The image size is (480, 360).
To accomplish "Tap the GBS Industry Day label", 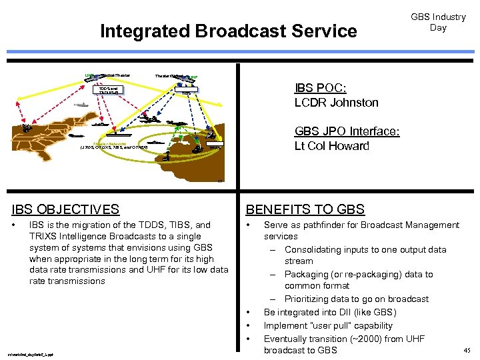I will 438,22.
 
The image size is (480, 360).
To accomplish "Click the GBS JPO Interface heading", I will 347,132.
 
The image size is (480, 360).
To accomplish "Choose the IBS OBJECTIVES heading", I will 70,209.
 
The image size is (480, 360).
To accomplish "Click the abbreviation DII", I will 347,312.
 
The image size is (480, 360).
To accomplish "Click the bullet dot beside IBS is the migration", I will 15,225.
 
